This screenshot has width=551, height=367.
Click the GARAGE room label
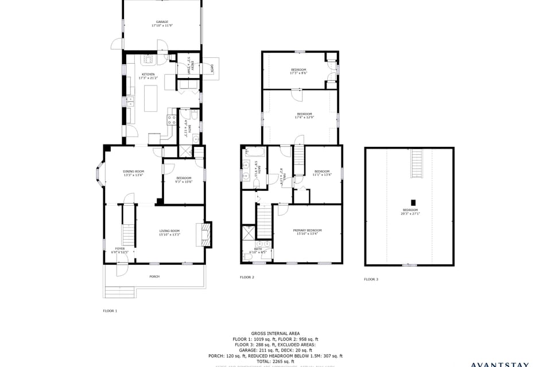coord(162,22)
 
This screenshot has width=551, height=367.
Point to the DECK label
coord(211,69)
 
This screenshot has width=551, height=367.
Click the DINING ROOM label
coord(133,171)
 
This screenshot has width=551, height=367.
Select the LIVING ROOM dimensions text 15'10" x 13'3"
coord(169,235)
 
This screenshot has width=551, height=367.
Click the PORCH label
coord(154,276)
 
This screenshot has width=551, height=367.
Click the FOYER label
coord(119,248)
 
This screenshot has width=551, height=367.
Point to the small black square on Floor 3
coord(412,202)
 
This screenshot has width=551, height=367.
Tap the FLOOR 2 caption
coord(247,278)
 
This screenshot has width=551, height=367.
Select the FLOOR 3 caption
coord(371,279)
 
